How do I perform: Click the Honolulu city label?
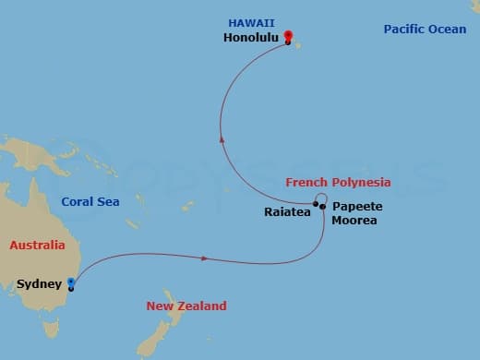253,40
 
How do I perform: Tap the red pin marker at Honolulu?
288,38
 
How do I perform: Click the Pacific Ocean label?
426,30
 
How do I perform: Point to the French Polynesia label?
338,183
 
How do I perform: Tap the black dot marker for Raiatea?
315,206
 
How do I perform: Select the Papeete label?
357,206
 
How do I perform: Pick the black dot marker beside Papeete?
322,207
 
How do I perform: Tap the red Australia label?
38,246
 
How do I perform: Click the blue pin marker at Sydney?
71,286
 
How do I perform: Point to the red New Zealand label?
186,306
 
